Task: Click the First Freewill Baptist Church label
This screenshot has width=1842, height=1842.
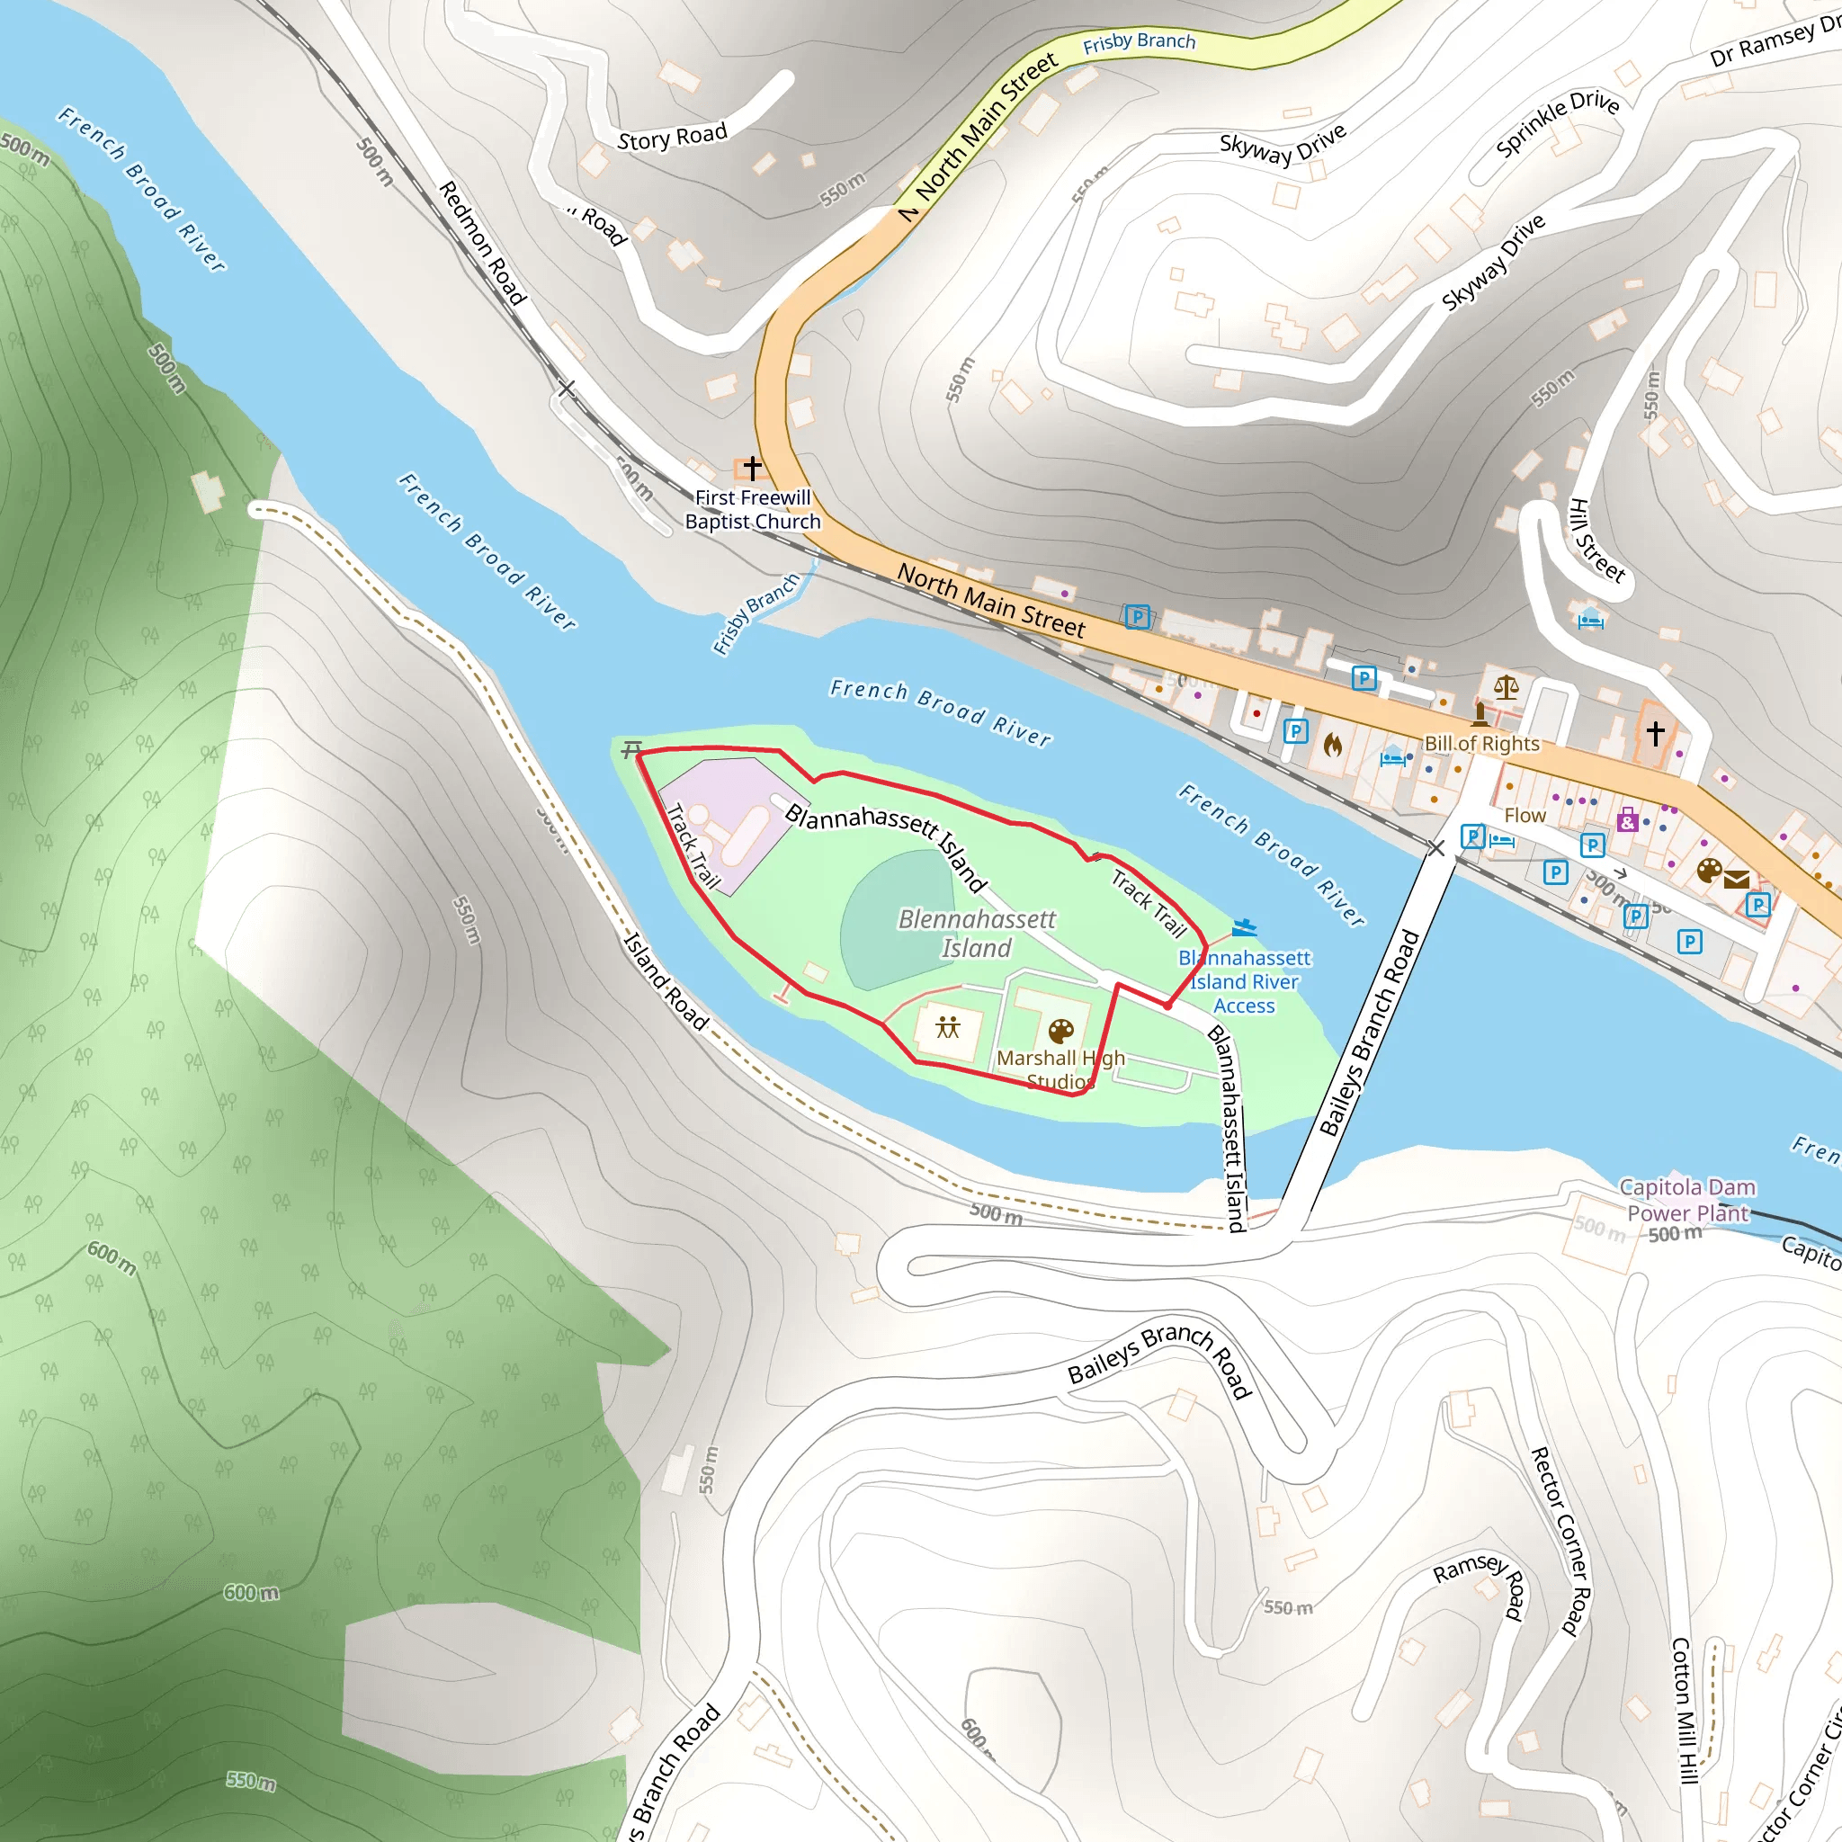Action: tap(752, 509)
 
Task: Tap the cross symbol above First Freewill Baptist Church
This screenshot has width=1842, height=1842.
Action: tap(753, 468)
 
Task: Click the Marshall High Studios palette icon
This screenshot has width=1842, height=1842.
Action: tap(1061, 1031)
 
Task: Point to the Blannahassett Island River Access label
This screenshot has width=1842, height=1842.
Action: tap(1244, 981)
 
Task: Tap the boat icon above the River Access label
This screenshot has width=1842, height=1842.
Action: tap(1244, 926)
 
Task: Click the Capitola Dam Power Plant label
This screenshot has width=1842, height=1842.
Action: tap(1687, 1200)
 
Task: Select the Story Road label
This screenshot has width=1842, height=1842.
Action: tap(672, 137)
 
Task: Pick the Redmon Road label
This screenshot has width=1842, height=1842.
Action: tap(482, 243)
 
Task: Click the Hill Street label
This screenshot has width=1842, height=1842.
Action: tap(1597, 541)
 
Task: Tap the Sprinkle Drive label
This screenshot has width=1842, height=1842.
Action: tap(1557, 123)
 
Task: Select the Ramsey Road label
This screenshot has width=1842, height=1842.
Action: tap(1482, 1583)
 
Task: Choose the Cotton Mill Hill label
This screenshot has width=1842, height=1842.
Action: tap(1685, 1711)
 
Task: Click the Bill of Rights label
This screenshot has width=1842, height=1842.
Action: tap(1481, 744)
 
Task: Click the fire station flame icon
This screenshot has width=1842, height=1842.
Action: tap(1333, 745)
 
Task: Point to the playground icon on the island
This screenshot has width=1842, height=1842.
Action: tap(948, 1027)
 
